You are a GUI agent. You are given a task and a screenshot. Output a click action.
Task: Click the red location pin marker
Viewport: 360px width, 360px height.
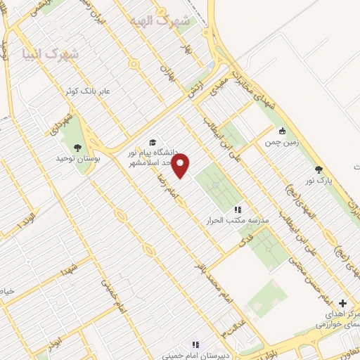(181, 166)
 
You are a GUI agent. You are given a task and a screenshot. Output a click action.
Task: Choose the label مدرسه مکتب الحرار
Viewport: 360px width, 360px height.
(238, 220)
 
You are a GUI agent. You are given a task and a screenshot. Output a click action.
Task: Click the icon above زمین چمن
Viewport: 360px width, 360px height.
(282, 131)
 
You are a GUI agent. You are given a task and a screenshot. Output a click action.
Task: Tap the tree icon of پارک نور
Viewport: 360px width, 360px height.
(319, 170)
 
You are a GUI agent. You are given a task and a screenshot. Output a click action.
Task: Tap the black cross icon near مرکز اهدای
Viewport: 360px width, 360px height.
(343, 302)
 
